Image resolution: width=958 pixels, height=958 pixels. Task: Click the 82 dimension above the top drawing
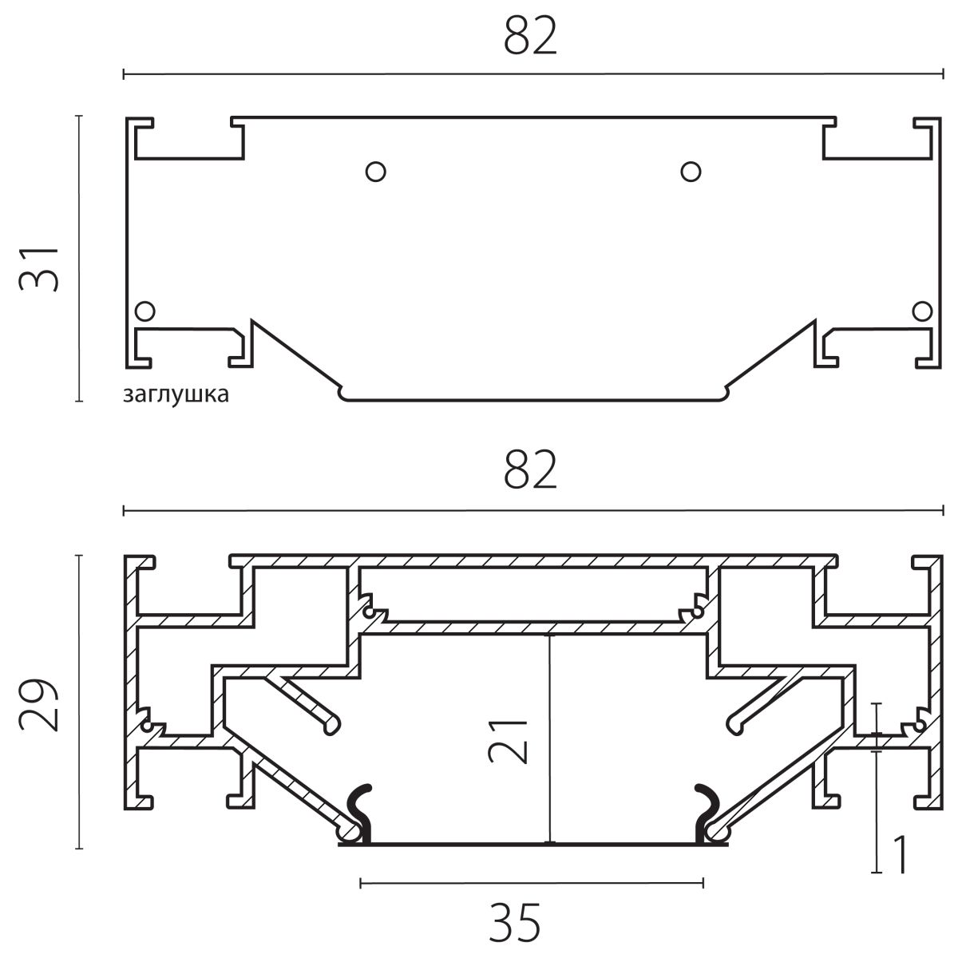pos(530,35)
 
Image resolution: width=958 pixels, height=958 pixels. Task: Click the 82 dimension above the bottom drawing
pos(530,469)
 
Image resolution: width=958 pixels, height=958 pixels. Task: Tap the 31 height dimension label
pos(39,268)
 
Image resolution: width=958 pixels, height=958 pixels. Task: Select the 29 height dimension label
pos(39,704)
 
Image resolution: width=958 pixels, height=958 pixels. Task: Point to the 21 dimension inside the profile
pos(508,741)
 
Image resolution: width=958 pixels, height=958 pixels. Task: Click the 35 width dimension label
pos(515,923)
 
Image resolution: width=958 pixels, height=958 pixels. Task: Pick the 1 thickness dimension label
pos(901,855)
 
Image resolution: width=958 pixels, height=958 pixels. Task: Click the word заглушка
pos(176,394)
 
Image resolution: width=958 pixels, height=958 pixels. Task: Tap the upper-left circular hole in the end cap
pos(375,172)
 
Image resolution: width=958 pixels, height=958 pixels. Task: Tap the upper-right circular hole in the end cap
pos(691,172)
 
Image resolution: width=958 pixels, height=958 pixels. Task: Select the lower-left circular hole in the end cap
pos(144,311)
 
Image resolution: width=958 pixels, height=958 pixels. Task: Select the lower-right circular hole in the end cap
pos(922,311)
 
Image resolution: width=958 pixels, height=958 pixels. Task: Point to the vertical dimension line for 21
pos(549,738)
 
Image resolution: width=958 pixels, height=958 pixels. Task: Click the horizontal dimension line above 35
pos(532,883)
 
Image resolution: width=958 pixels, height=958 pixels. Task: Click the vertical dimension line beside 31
pos(79,258)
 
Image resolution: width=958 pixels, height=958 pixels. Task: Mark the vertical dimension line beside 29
pos(79,702)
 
